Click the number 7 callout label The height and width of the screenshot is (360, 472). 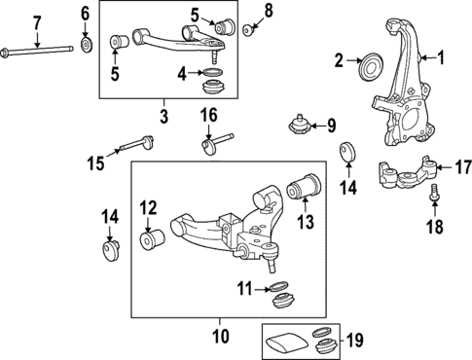pos(37,22)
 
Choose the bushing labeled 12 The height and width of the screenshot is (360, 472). pos(151,237)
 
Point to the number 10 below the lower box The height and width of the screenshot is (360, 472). pos(221,336)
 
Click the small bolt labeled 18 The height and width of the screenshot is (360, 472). pos(434,198)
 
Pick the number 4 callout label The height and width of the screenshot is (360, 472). pos(182,73)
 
